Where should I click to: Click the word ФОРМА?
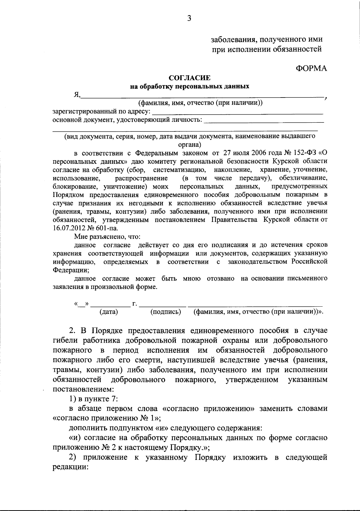point(311,69)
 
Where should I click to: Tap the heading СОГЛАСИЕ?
point(190,78)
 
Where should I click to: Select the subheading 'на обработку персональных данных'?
point(190,87)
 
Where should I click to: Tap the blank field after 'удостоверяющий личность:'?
point(265,121)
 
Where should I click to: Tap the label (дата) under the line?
point(109,312)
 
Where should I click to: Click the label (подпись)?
point(166,312)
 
